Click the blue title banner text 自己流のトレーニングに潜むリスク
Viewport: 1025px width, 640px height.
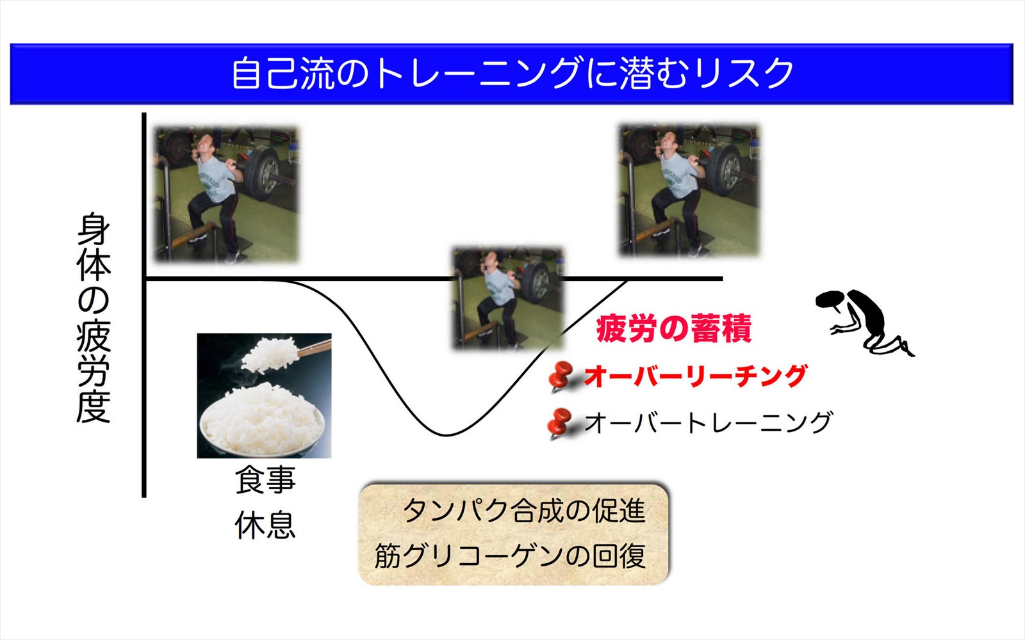coord(512,74)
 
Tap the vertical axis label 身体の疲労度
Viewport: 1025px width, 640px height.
coord(94,317)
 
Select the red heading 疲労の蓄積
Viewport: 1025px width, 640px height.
coord(673,328)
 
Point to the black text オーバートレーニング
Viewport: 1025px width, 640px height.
coord(707,422)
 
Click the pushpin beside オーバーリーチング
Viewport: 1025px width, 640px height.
coord(560,376)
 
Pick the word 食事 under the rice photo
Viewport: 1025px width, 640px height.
coord(265,480)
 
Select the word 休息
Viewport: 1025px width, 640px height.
coord(265,525)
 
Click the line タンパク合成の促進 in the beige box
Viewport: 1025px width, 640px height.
coord(525,511)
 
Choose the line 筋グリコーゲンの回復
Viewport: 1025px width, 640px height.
coord(510,556)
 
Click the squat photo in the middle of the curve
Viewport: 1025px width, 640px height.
coord(508,298)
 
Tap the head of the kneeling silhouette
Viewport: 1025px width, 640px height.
coord(829,300)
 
